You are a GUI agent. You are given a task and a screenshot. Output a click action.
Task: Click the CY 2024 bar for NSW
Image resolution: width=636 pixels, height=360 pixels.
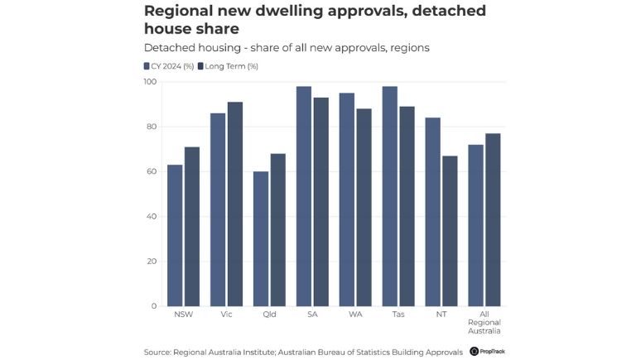point(175,235)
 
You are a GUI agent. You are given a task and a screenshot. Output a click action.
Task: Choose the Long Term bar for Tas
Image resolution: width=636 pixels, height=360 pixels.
point(407,206)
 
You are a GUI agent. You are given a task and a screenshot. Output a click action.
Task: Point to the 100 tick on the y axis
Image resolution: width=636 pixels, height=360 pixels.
point(149,82)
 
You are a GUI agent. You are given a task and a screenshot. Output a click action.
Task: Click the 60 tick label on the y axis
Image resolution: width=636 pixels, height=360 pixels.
point(152,171)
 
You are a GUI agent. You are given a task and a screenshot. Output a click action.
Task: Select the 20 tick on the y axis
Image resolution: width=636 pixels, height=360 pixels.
point(152,262)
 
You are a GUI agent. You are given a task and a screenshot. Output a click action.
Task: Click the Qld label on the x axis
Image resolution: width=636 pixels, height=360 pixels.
point(269,315)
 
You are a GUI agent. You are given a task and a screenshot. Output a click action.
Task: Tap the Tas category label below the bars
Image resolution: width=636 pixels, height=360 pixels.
point(398,315)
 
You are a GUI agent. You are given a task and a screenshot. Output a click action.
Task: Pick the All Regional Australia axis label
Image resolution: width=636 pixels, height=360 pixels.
point(484,324)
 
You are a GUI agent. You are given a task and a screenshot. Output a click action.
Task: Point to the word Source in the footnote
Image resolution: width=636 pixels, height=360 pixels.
point(157,352)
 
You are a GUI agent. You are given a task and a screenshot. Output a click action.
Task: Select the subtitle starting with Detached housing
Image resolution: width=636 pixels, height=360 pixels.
point(286,47)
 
